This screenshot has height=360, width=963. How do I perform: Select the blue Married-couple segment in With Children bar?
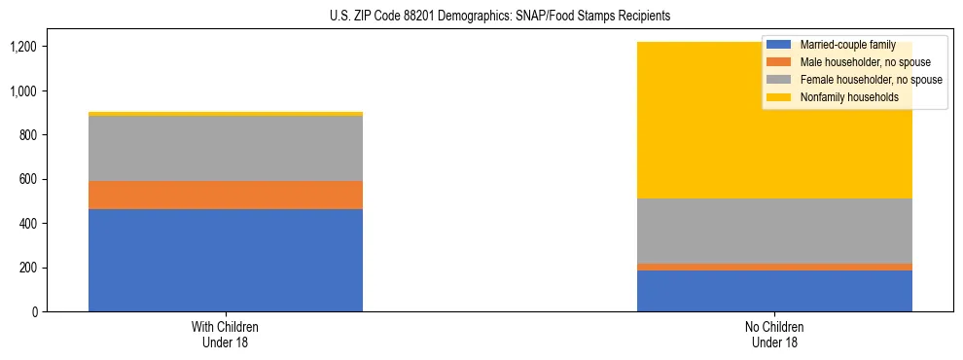[226, 260]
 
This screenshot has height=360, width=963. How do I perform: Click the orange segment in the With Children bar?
[226, 195]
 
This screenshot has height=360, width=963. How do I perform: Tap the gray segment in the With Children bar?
[226, 148]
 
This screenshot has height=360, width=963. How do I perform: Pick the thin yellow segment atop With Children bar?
[226, 114]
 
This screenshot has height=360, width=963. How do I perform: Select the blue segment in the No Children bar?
[774, 291]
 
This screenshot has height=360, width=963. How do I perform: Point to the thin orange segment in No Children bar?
[774, 267]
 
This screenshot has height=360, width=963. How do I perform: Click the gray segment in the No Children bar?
[774, 231]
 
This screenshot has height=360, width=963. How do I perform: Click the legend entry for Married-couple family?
[847, 45]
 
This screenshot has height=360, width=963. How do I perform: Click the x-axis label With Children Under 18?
[226, 334]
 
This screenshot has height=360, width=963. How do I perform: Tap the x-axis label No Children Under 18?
[774, 334]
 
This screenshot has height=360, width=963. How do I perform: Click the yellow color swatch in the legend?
[779, 97]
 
